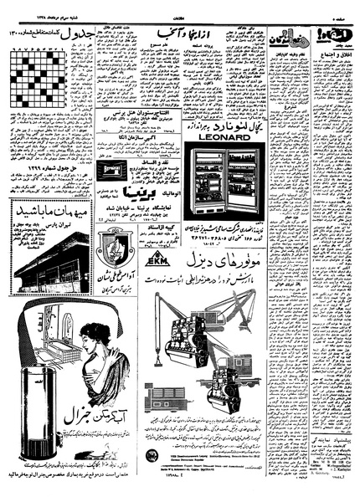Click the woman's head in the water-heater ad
[100, 336]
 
